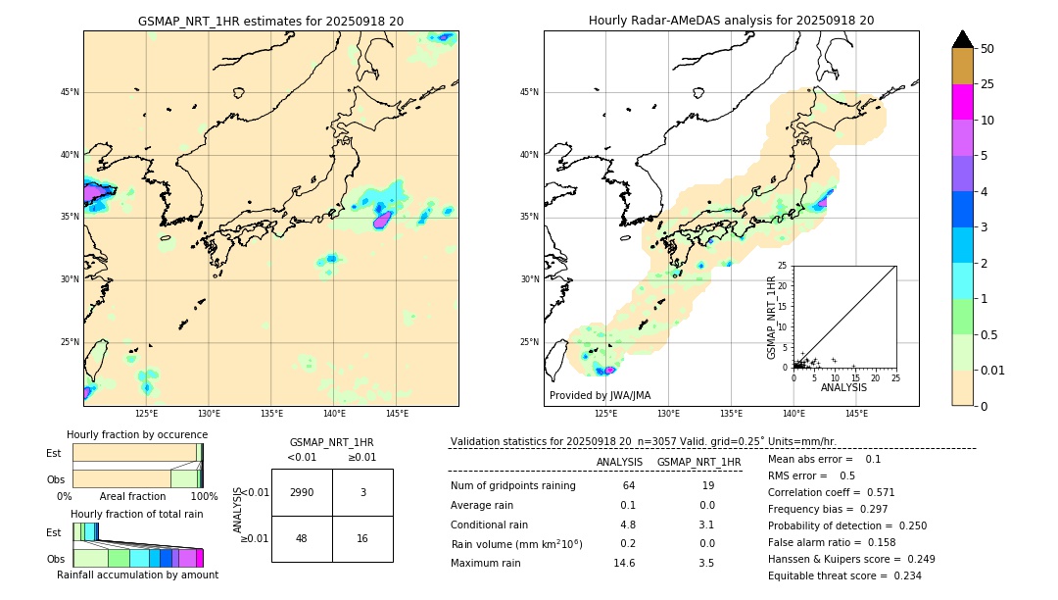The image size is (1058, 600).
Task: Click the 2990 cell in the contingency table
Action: point(302,492)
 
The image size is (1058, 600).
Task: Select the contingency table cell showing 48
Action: point(302,538)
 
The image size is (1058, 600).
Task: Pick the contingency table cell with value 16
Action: point(362,538)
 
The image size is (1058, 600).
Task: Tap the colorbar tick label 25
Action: point(987,84)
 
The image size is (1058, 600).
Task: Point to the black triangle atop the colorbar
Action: point(963,39)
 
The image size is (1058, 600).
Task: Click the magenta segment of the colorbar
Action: point(963,102)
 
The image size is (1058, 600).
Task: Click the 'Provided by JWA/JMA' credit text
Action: point(600,395)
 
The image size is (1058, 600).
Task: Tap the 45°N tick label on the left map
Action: point(70,92)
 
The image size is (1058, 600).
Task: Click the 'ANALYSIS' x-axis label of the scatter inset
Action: point(843,387)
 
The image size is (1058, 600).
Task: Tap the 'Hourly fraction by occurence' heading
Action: point(136,434)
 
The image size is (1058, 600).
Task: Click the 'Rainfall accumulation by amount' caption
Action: point(137,575)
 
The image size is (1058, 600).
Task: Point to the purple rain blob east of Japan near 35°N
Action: point(382,220)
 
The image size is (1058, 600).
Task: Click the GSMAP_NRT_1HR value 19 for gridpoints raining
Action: point(707,485)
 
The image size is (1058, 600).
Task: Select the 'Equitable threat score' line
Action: point(844,575)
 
